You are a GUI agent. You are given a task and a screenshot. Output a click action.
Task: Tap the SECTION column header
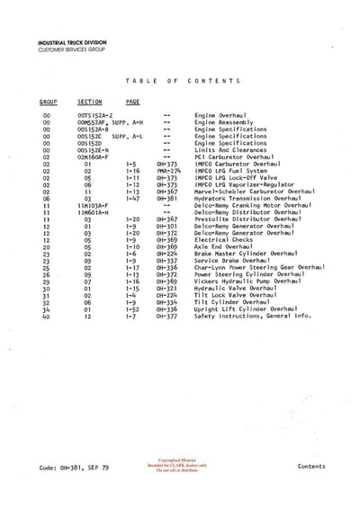pyautogui.click(x=90, y=103)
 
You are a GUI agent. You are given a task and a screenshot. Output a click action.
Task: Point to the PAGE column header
pyautogui.click(x=132, y=103)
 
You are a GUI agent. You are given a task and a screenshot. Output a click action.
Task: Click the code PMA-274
pyautogui.click(x=166, y=173)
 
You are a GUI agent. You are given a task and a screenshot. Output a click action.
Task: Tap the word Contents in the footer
pyautogui.click(x=310, y=468)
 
